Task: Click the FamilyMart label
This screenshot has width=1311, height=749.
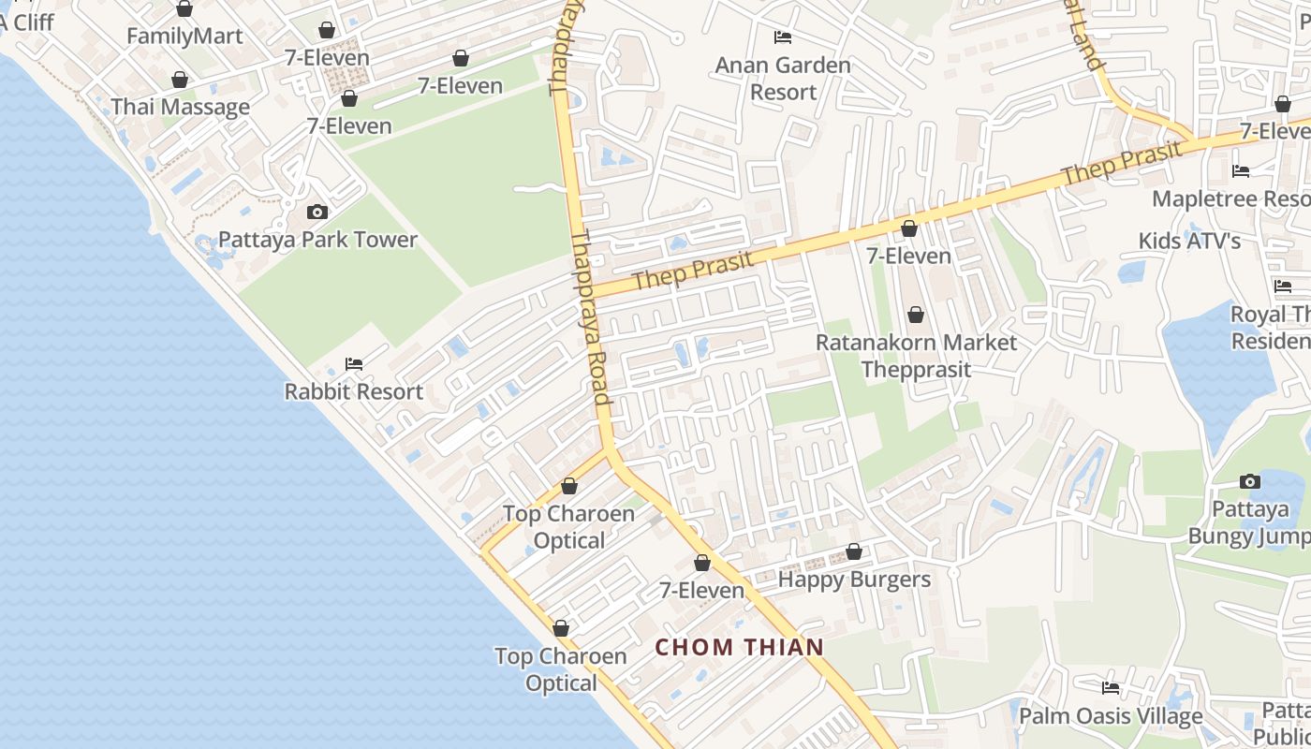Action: click(x=184, y=37)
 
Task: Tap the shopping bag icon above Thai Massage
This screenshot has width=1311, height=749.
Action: click(x=179, y=81)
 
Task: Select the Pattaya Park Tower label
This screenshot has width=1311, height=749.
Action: click(x=317, y=240)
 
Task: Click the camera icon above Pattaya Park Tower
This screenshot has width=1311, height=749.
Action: click(x=317, y=213)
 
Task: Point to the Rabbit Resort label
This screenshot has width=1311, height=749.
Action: click(x=354, y=391)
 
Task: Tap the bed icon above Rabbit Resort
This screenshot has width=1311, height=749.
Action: click(x=354, y=363)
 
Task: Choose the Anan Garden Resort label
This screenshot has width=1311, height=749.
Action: click(x=783, y=79)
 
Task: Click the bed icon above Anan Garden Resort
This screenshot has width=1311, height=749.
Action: click(x=783, y=37)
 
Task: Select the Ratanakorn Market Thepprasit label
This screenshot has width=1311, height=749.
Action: click(x=916, y=356)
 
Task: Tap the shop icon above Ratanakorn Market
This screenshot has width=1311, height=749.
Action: click(x=916, y=316)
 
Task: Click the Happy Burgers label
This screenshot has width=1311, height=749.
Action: click(x=854, y=580)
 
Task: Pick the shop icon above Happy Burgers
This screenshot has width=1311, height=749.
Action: click(x=854, y=552)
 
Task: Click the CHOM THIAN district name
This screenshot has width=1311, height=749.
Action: click(x=739, y=647)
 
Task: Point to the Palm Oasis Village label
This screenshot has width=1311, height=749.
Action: click(x=1111, y=716)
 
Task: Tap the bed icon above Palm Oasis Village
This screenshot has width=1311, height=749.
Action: click(x=1111, y=688)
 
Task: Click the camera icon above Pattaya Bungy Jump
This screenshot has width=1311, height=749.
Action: click(x=1250, y=482)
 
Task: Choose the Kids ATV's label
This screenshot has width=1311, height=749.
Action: click(x=1189, y=242)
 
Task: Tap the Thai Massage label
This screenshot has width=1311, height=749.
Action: click(x=181, y=107)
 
